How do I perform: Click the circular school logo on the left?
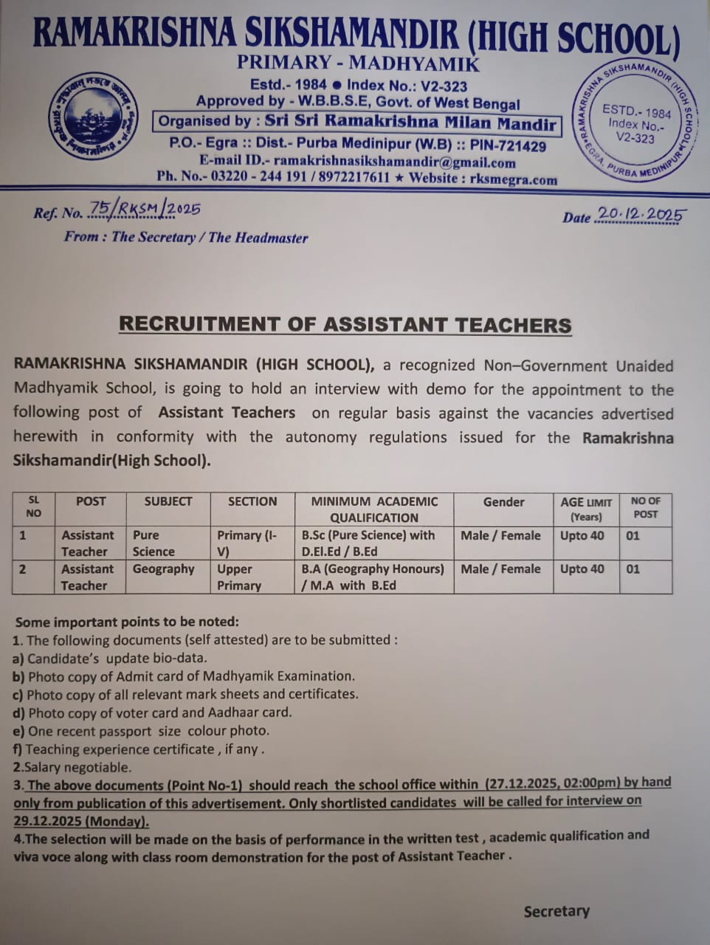click(94, 116)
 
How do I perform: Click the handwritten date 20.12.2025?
click(641, 214)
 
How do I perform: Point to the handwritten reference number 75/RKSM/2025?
click(144, 210)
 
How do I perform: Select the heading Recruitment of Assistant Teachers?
click(345, 325)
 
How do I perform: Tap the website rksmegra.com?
click(514, 179)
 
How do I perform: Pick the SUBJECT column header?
click(168, 501)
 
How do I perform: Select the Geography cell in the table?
click(163, 569)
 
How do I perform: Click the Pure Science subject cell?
click(154, 543)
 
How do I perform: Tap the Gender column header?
click(503, 502)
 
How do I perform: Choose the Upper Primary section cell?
click(239, 577)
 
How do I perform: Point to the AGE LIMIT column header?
click(586, 509)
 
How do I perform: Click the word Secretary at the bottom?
click(556, 911)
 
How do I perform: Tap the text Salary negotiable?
click(72, 767)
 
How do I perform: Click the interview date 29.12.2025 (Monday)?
click(81, 821)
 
